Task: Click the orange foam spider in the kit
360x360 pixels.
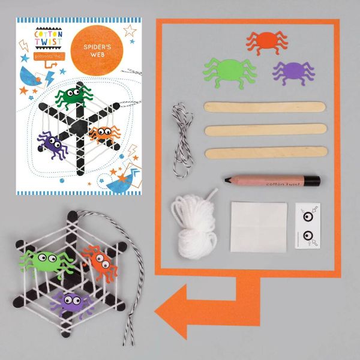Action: (x=267, y=42)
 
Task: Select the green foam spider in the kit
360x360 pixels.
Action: (x=230, y=71)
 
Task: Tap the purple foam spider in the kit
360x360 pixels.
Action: (x=293, y=72)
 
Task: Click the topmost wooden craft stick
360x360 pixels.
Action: (x=265, y=107)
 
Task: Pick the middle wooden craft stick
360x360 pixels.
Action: (x=266, y=130)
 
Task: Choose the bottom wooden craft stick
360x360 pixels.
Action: (x=266, y=152)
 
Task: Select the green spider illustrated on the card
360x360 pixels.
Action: (x=74, y=96)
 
